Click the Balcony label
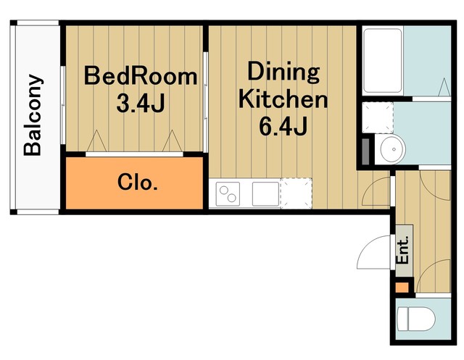tap(33, 114)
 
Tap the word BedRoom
tap(141, 76)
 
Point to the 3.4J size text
tap(140, 103)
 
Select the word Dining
tap(283, 72)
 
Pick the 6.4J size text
tap(283, 126)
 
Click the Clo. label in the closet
tap(138, 182)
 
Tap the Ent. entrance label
tap(403, 249)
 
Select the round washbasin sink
tap(393, 149)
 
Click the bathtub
tap(382, 61)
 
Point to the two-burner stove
tap(228, 194)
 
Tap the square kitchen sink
tap(266, 194)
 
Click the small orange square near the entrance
tap(402, 288)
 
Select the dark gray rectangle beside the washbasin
tap(366, 151)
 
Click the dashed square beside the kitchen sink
tap(297, 193)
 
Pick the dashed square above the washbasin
tap(378, 117)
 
